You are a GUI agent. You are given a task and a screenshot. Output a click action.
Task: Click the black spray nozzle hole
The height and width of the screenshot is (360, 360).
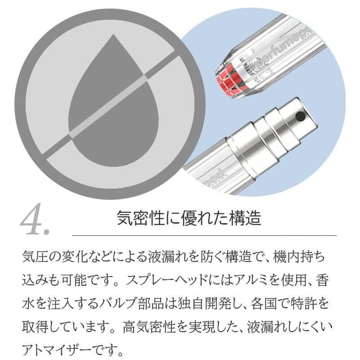coord(299,117)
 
